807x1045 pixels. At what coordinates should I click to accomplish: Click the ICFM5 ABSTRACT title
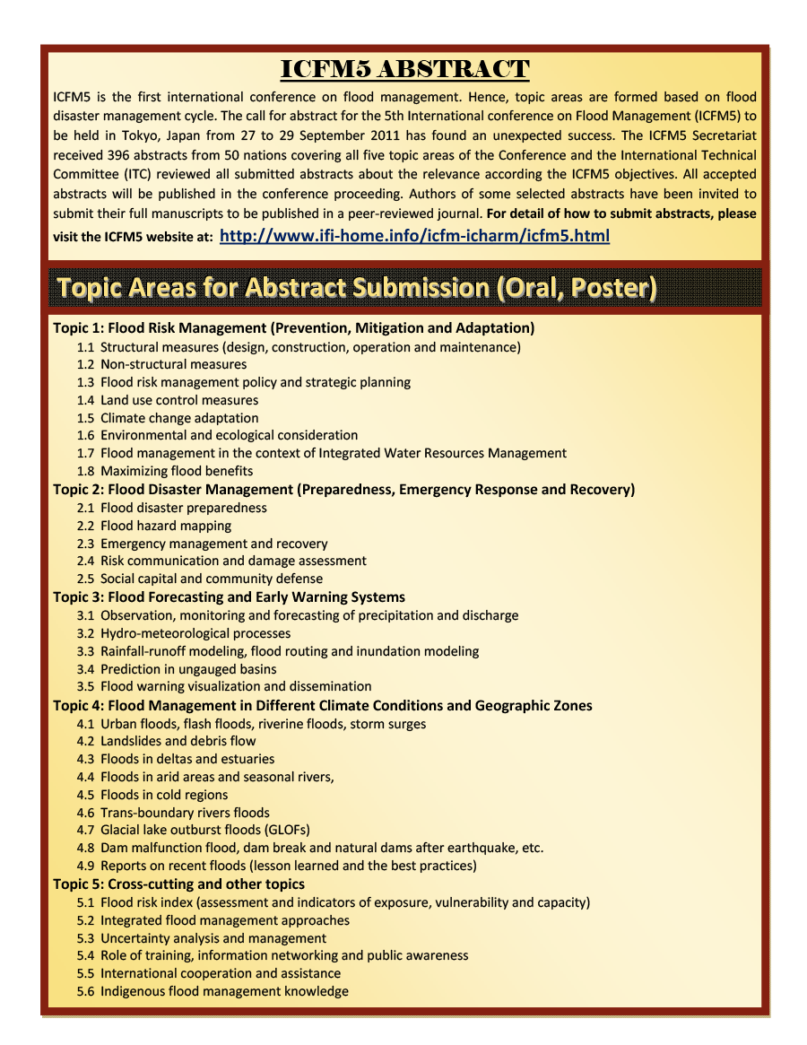(x=404, y=69)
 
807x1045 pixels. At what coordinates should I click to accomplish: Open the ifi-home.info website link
(x=414, y=236)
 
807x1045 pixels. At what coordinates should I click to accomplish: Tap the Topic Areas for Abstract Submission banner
(x=357, y=287)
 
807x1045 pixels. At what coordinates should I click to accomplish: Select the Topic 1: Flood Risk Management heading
(x=293, y=328)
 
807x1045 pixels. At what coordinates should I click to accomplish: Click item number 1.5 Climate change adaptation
(x=178, y=418)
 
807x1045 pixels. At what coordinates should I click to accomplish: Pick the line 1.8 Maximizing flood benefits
(x=176, y=471)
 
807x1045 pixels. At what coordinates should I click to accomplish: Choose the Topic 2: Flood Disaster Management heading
(x=343, y=490)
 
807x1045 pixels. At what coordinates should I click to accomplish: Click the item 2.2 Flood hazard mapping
(x=165, y=526)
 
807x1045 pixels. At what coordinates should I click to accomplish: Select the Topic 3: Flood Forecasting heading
(x=229, y=597)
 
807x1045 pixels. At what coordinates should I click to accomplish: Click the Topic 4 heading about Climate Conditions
(x=322, y=706)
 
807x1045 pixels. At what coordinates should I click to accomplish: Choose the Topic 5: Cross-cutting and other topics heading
(x=178, y=884)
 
